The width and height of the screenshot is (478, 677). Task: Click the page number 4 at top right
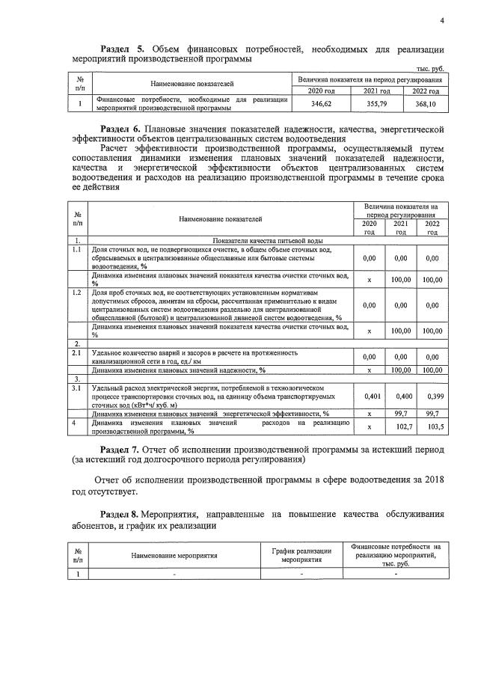click(x=442, y=21)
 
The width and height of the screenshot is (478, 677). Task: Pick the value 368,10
click(x=425, y=104)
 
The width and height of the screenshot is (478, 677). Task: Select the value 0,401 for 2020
click(x=369, y=395)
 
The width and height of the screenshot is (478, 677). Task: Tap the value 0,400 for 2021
click(x=402, y=395)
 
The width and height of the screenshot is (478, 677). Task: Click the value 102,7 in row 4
click(x=402, y=426)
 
